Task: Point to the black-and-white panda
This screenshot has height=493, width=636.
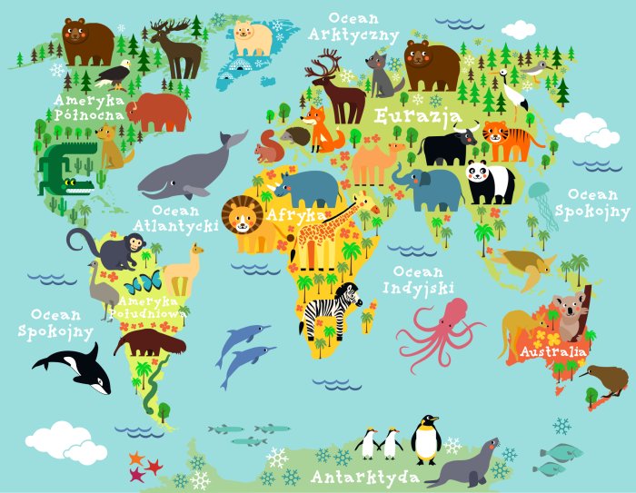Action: point(491,182)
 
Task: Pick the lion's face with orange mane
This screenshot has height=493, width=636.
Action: point(243,218)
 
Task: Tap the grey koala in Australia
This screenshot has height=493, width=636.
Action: point(571,313)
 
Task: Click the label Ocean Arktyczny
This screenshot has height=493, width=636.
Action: point(353,26)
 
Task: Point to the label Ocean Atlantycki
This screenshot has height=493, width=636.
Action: point(174,217)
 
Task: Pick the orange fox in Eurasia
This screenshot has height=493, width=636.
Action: point(323,129)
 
